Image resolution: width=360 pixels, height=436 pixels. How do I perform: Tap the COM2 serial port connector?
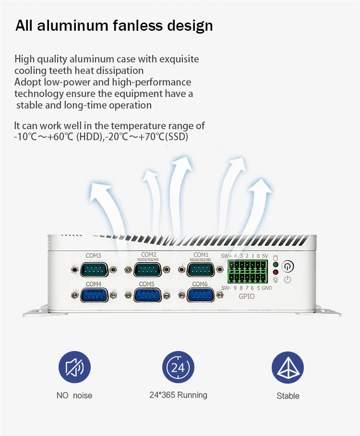pos(148,270)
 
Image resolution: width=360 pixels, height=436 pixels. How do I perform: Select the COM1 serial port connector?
pos(201,270)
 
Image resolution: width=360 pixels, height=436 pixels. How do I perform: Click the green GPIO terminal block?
pos(248,272)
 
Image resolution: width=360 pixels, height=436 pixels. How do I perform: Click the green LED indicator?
pos(276,265)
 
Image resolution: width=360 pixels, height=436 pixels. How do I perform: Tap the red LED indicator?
pos(276,272)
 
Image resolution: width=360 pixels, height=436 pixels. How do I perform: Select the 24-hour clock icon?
pos(178,367)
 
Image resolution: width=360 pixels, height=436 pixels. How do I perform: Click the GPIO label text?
pos(247,297)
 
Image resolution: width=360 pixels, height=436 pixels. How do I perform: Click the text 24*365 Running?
pos(178,395)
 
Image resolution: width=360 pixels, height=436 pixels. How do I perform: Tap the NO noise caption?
pos(74,396)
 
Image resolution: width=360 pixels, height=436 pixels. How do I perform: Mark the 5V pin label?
pos(265,255)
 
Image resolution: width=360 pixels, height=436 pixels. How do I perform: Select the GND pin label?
pos(267,288)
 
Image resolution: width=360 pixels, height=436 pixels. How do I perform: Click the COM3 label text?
pos(93,255)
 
